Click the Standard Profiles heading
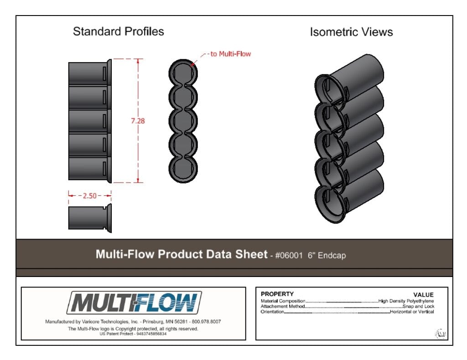tap(118, 31)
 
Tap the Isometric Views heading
tap(351, 32)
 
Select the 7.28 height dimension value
tap(138, 121)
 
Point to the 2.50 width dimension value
tap(90, 196)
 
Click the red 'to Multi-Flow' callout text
tap(230, 54)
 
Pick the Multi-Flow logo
tap(134, 303)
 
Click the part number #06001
tap(289, 256)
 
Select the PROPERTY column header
tap(277, 294)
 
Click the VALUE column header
tap(423, 295)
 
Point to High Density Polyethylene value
tap(406, 301)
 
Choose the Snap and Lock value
tap(418, 306)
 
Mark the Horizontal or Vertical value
tap(412, 312)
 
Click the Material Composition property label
tap(283, 301)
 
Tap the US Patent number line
tap(133, 334)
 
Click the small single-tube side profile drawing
tap(90, 218)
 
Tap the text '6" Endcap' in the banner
tap(327, 256)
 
